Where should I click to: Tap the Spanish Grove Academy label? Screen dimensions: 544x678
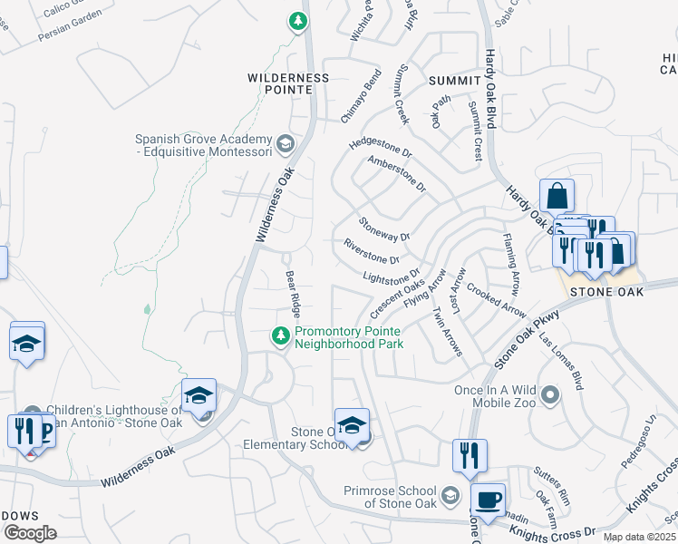coord(203,145)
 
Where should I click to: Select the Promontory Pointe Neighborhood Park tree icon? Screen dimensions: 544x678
coord(281,336)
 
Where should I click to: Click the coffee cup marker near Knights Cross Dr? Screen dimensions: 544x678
coord(489,499)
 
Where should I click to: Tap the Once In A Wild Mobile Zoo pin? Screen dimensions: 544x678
coord(549,394)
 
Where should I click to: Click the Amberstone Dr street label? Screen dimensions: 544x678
coord(396,174)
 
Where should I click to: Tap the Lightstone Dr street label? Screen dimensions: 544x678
coord(392,275)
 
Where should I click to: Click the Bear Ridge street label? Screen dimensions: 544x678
coord(293,293)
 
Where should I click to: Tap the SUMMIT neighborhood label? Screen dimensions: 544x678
coord(456,82)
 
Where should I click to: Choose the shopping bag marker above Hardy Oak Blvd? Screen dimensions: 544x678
coord(557,195)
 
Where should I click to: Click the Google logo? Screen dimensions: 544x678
coord(30,532)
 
